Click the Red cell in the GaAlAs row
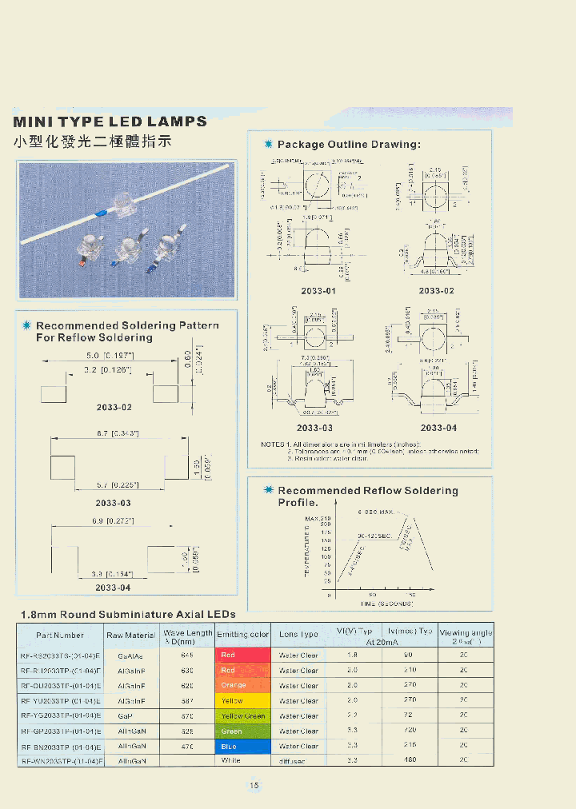tap(243, 655)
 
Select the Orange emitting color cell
tap(243, 685)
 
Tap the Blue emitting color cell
tap(243, 746)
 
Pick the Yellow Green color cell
tap(243, 715)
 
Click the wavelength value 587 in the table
tap(188, 700)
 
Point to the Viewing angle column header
tap(466, 636)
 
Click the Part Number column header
tap(60, 636)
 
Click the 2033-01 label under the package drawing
tap(318, 291)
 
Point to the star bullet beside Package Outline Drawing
tap(269, 144)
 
